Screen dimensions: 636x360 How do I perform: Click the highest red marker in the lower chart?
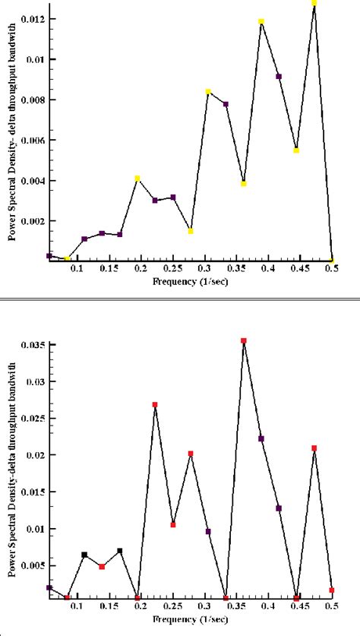[244, 341]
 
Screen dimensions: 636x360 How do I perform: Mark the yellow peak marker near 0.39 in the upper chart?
[261, 22]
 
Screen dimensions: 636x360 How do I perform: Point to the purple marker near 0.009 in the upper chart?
[279, 77]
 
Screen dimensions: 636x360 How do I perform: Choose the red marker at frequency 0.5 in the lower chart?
[332, 590]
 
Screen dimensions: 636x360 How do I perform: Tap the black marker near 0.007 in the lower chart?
[120, 551]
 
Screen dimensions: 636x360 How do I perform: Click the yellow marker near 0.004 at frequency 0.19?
[137, 179]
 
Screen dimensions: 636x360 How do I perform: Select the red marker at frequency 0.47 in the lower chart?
[314, 448]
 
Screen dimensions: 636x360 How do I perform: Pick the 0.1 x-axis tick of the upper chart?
[77, 270]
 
